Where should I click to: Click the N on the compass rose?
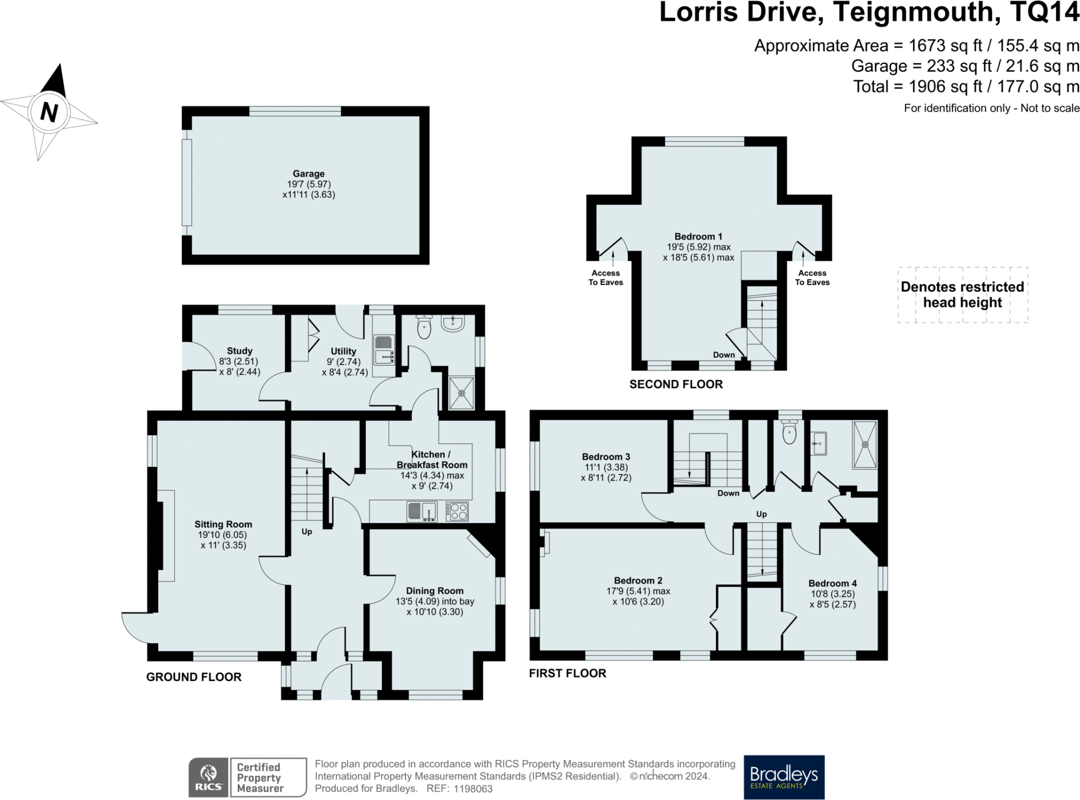49,112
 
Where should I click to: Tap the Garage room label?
308,174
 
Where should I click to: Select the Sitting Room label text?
223,524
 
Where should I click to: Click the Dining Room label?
435,591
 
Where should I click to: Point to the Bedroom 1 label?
698,236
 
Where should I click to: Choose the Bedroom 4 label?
833,583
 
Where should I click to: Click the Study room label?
239,351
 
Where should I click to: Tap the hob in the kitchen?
457,511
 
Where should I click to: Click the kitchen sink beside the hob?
422,511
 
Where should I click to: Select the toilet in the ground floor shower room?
424,326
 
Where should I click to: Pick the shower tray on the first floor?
865,444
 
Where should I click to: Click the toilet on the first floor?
789,432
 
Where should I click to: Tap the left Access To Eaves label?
605,278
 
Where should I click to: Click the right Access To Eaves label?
812,278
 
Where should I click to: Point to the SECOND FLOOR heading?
676,384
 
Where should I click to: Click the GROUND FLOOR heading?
194,677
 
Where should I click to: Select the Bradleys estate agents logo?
784,777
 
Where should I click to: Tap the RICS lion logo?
209,777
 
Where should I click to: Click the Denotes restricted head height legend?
962,294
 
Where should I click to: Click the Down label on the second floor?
724,355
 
